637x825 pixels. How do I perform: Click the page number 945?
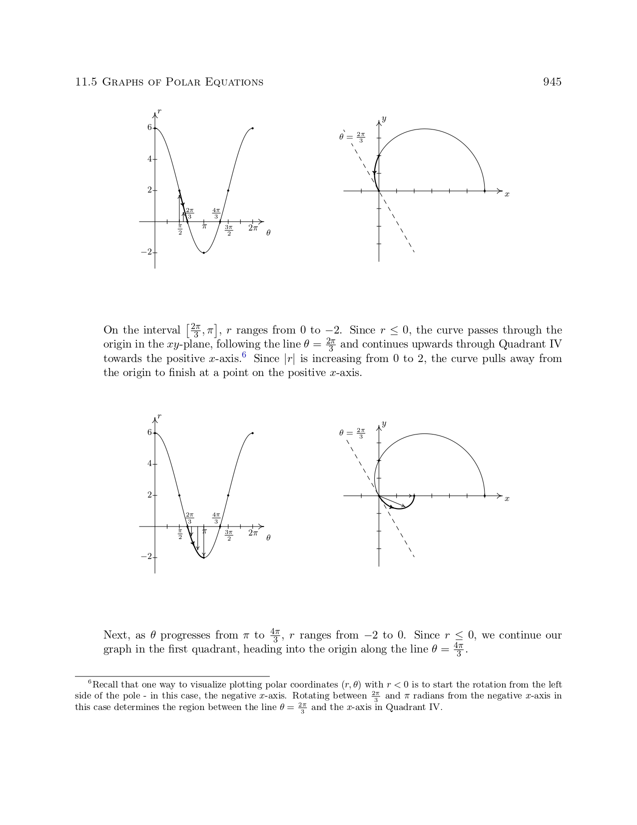click(552, 82)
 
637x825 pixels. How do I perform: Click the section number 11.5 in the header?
click(85, 82)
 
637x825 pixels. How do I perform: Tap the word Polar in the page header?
click(182, 82)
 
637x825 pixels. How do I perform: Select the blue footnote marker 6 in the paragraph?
click(244, 355)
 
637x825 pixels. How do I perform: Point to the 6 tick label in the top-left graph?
click(149, 127)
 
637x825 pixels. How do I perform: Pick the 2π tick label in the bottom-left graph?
click(253, 533)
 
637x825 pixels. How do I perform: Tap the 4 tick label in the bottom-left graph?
click(149, 463)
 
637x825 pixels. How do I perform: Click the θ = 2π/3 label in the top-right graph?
click(352, 136)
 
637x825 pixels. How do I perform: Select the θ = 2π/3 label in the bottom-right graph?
click(352, 433)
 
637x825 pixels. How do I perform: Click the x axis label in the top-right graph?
click(507, 194)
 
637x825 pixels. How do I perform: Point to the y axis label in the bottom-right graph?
click(384, 423)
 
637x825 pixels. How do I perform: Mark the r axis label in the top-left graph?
click(159, 110)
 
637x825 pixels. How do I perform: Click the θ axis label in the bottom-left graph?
click(268, 537)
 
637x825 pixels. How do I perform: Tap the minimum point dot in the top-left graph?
click(204, 252)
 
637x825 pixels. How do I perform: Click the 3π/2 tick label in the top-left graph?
click(229, 230)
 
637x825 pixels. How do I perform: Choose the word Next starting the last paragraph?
click(114, 635)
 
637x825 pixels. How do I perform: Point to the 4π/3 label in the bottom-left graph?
click(216, 517)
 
